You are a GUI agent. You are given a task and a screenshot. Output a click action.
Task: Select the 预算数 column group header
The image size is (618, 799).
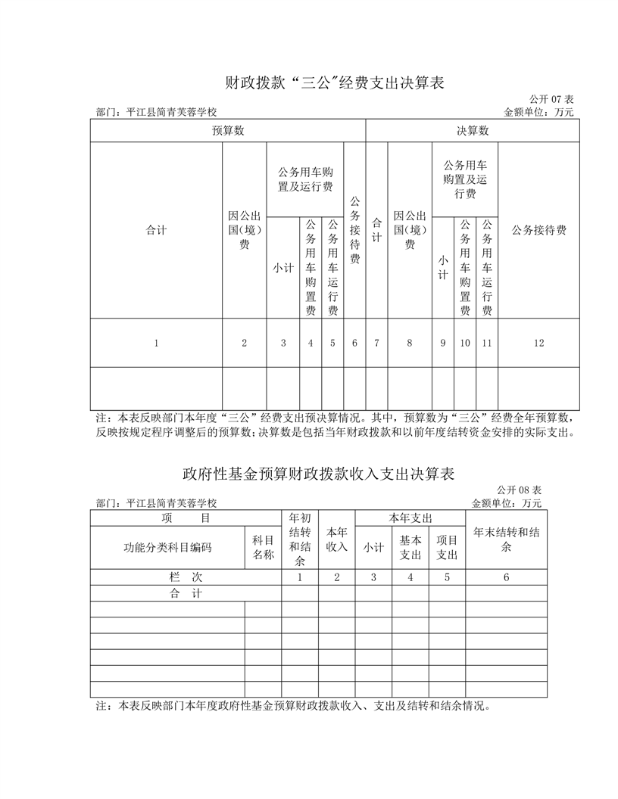(228, 131)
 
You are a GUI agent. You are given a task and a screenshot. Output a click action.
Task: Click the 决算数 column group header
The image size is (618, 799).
(473, 131)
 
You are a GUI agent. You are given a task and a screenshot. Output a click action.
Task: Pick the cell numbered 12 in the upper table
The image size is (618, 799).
(538, 343)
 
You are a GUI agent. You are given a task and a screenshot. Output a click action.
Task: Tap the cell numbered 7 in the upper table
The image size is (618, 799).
(376, 343)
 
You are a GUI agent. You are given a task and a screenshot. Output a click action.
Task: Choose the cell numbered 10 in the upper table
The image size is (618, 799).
(465, 343)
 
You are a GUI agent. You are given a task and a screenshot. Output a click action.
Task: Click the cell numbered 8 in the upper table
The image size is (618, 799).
(410, 343)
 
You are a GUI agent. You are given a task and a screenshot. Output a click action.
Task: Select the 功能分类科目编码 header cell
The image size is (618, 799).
(167, 548)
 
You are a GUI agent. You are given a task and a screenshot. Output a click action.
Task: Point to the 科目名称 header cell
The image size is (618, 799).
(263, 548)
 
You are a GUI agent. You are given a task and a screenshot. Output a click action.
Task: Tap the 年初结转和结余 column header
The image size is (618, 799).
(300, 539)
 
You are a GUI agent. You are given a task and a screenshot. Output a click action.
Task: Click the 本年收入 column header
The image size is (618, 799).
(336, 539)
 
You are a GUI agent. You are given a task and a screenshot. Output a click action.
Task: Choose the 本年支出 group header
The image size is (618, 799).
(410, 518)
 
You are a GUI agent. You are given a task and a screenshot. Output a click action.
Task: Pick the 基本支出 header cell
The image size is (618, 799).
(410, 548)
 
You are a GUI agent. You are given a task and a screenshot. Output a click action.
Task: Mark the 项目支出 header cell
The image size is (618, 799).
(447, 548)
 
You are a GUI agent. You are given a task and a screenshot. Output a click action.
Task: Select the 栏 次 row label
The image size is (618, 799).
(186, 577)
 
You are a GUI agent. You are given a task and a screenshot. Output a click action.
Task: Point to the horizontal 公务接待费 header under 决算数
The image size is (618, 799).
(538, 230)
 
